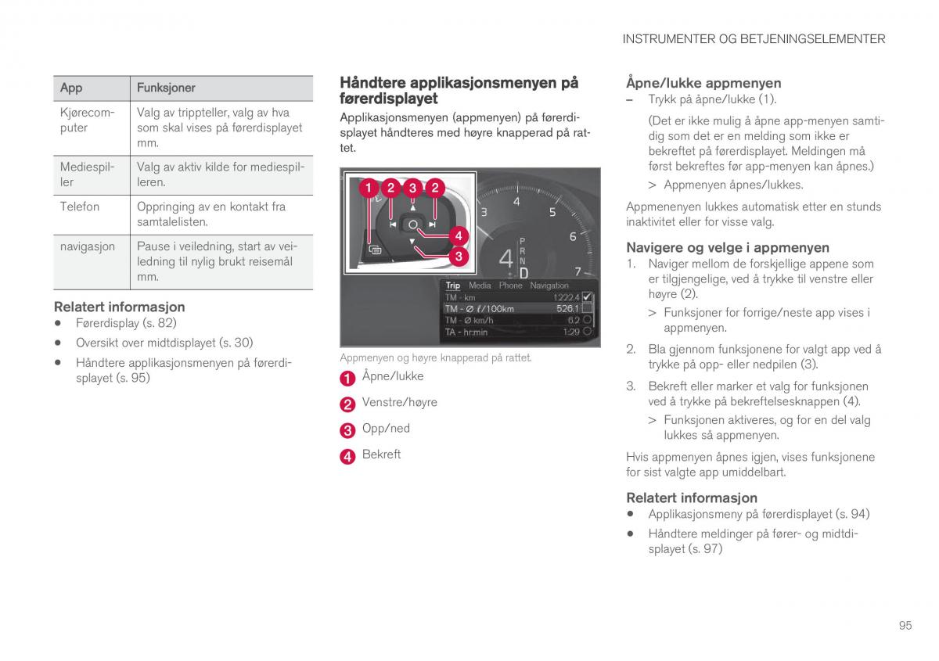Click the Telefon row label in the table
click(x=80, y=207)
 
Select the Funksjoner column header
click(x=166, y=88)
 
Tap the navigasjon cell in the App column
click(x=88, y=246)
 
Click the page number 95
click(x=905, y=625)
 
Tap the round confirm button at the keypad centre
click(x=412, y=225)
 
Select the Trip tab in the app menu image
click(x=453, y=286)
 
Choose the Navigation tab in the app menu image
click(x=549, y=286)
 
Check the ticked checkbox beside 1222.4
click(x=588, y=297)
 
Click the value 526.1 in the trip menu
click(x=567, y=309)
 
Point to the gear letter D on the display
click(x=523, y=272)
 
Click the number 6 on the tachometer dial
click(x=573, y=237)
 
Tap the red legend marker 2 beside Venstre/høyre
click(x=347, y=404)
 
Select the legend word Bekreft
click(x=381, y=454)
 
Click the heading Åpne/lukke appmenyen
click(x=703, y=83)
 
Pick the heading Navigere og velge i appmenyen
click(x=727, y=247)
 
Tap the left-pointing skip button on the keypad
click(x=393, y=225)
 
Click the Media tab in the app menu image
click(x=480, y=286)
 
